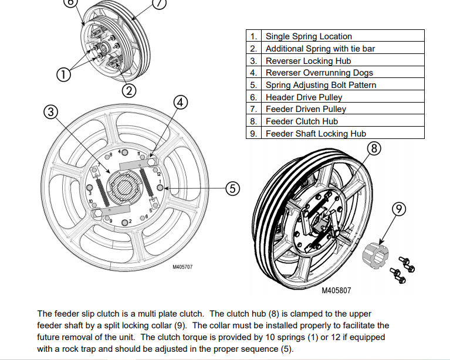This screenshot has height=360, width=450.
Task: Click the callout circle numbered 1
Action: [63, 74]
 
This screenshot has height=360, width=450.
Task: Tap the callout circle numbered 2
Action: [129, 90]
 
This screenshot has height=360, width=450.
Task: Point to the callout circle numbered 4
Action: [181, 102]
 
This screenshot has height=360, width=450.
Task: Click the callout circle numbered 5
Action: [233, 188]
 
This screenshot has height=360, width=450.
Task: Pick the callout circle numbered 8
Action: [374, 147]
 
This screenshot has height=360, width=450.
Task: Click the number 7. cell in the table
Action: [253, 109]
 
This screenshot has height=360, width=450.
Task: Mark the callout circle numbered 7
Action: [159, 2]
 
